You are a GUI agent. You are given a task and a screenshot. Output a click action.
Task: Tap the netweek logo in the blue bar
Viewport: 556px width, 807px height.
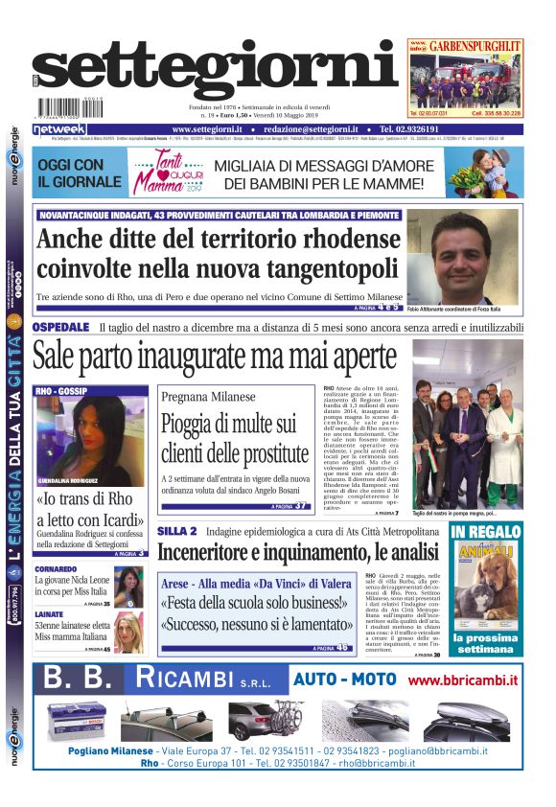coord(59,129)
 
